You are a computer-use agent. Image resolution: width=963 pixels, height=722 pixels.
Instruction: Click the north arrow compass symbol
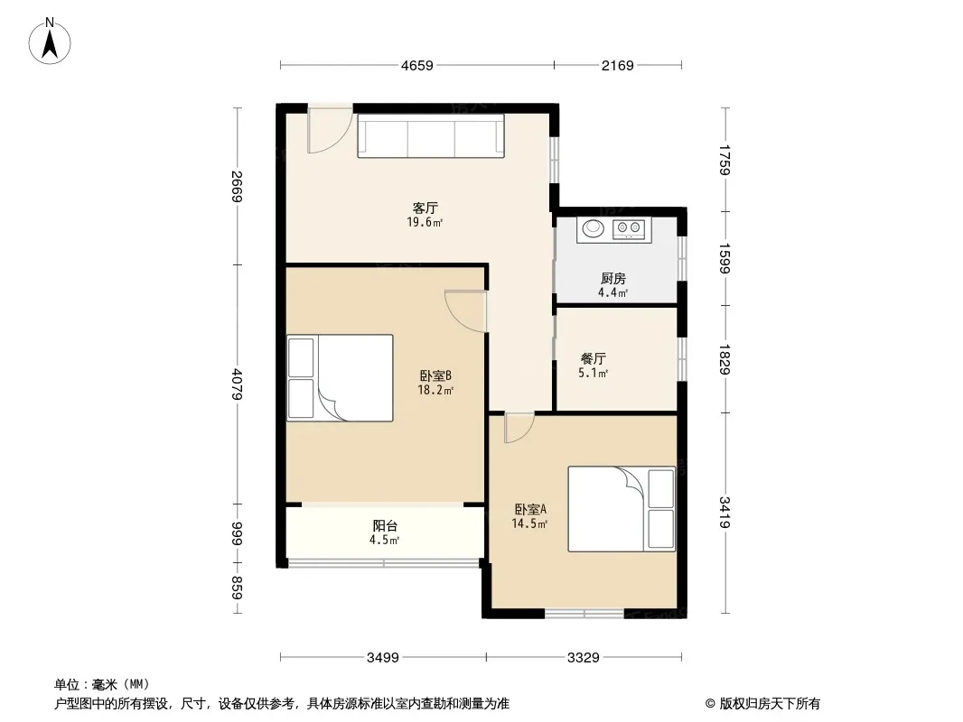coord(50,42)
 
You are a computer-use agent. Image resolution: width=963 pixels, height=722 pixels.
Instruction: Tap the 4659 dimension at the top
coord(417,65)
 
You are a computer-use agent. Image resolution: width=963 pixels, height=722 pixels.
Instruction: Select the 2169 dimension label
coord(617,65)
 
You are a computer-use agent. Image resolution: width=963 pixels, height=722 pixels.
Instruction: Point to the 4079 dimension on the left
coord(238,384)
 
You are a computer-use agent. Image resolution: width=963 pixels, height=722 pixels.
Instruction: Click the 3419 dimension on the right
coord(725,513)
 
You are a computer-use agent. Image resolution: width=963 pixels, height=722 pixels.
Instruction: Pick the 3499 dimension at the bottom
coord(383,658)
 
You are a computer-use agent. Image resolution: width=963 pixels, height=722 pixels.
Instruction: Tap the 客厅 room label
coord(425,208)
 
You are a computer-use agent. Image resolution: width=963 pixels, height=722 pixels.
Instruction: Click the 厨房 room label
coord(612,279)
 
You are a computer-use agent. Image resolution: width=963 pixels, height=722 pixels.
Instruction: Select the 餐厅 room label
coord(594,359)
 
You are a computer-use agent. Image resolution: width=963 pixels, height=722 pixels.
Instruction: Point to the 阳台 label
coord(385,525)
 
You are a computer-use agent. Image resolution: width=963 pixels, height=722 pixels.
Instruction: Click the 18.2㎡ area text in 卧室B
coord(435,390)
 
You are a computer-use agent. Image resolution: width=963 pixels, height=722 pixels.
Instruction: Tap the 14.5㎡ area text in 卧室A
coord(529,523)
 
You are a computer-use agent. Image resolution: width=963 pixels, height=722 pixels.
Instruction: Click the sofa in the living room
coord(431,135)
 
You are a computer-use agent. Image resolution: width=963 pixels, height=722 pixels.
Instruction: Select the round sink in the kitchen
coord(594,229)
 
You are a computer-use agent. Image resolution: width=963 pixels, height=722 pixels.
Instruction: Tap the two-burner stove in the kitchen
coord(628,229)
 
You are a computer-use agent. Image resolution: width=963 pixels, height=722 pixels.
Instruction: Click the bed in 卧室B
coord(341,378)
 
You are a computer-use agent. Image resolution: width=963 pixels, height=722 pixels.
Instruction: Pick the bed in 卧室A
coord(622,509)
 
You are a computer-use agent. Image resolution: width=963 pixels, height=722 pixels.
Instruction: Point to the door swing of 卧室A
coord(519,428)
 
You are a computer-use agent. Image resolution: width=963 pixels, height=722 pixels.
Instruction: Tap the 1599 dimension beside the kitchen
coord(725,259)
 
